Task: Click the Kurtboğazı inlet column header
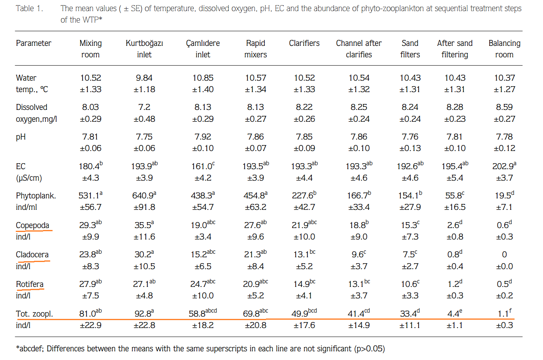144,49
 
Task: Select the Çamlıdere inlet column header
203,49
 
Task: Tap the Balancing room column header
504,49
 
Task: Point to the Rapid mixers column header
256,49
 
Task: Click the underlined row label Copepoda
32,225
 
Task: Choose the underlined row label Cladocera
32,254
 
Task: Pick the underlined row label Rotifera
30,284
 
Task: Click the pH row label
21,137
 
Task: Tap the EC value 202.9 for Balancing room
503,166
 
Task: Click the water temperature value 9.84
144,78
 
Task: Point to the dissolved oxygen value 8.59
504,107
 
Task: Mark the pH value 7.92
203,137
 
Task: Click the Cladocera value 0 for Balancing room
504,254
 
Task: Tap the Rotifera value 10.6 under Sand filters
409,284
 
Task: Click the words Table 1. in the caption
29,8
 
